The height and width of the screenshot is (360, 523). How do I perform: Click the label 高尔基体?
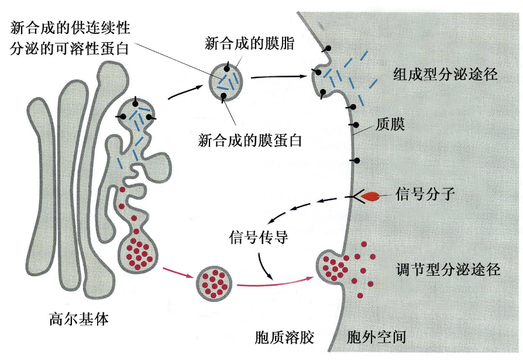pos(79,320)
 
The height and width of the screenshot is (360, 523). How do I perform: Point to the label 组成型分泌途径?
pos(445,75)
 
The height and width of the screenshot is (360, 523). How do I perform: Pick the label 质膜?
pos(391,124)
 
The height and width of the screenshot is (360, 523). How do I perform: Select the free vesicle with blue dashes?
pos(226,80)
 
